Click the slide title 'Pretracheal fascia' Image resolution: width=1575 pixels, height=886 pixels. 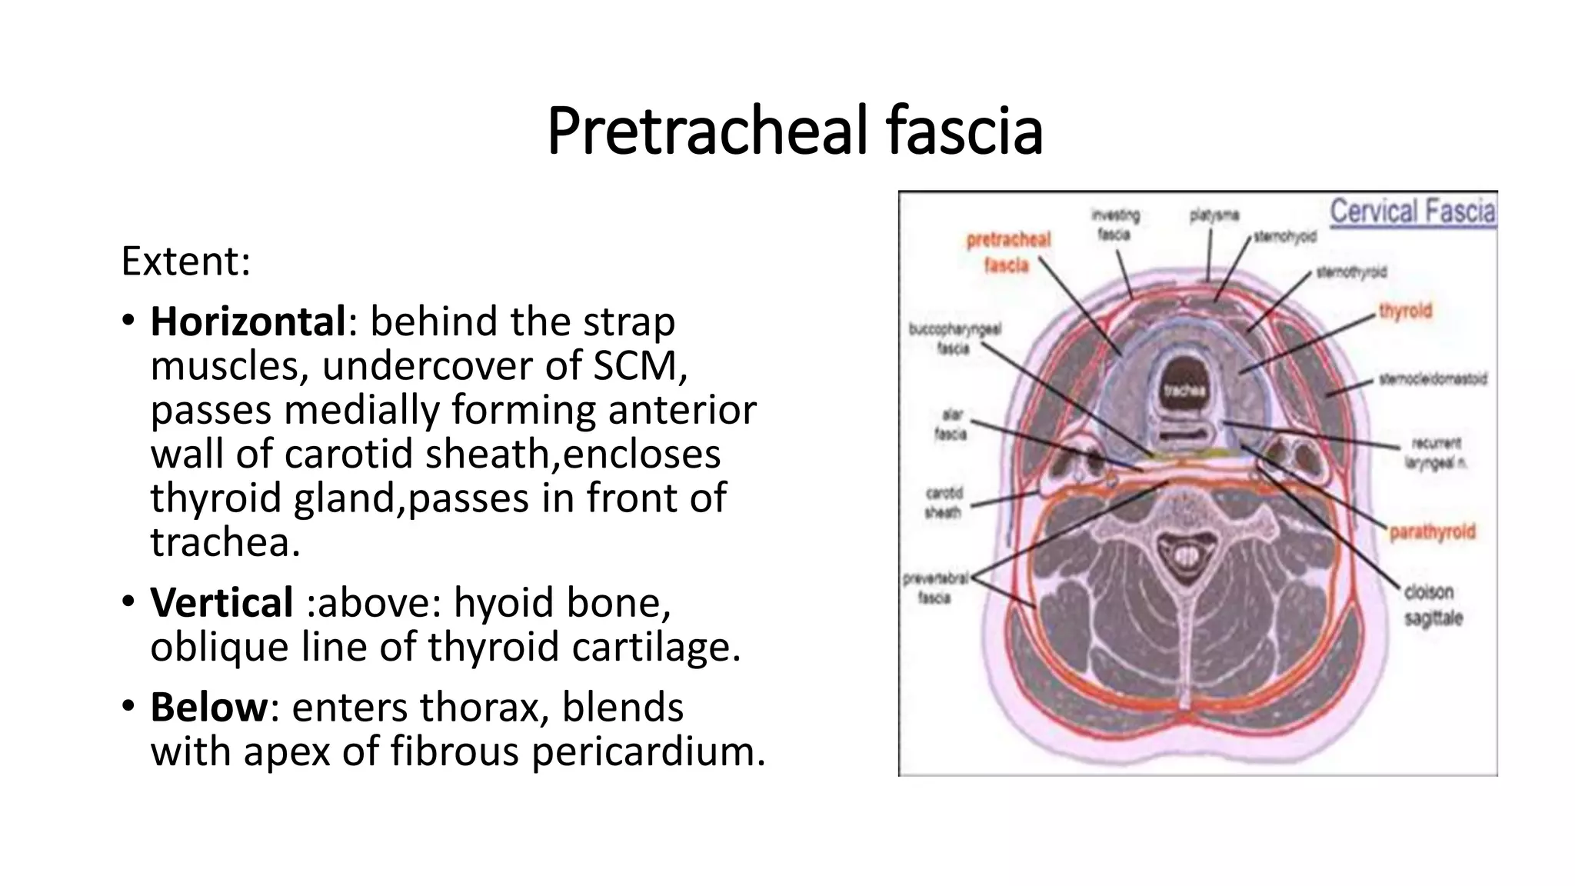point(794,131)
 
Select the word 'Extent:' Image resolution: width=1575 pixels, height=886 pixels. point(185,261)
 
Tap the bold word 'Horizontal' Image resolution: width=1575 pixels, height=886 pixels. point(248,321)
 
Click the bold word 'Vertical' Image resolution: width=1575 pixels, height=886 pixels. point(221,602)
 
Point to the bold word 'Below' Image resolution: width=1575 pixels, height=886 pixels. point(208,707)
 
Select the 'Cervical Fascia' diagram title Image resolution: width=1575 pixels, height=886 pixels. point(1413,211)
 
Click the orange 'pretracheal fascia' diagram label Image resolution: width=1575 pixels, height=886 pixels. point(1007,252)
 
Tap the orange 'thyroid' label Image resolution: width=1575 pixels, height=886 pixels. point(1405,311)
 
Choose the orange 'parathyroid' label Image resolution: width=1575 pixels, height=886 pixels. point(1432,532)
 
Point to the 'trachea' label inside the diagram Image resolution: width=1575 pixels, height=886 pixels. point(1184,391)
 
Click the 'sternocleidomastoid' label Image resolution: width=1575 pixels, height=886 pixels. point(1433,379)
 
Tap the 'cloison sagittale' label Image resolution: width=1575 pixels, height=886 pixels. point(1433,605)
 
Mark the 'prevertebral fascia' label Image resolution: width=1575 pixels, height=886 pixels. point(935,588)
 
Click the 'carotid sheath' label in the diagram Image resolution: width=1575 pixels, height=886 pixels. point(944,502)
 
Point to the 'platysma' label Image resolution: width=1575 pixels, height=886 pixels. point(1214,216)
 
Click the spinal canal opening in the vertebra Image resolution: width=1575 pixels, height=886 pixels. point(1185,554)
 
